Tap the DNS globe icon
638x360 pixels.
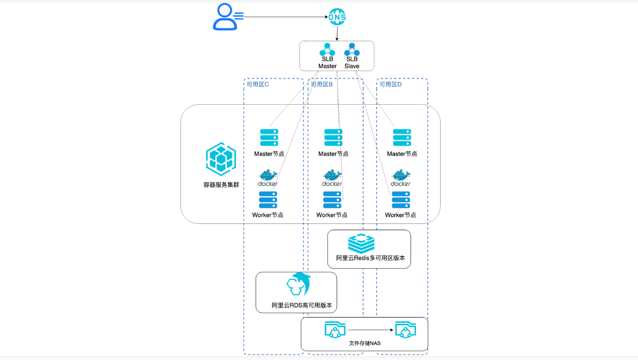pos(337,17)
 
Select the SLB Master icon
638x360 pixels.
pos(327,50)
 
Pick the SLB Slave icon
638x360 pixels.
pos(352,50)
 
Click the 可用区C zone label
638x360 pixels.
pos(258,84)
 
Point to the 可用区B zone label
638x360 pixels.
pos(322,84)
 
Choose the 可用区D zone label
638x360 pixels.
pos(390,84)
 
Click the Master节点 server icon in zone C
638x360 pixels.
pos(269,138)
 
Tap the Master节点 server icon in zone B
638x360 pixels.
pos(333,138)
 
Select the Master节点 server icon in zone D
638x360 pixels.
pos(402,138)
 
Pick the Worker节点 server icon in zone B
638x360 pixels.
pos(332,200)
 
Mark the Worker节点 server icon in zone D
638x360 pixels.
pos(401,200)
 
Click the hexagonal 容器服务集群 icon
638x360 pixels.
pos(221,159)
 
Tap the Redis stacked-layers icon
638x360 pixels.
pos(361,243)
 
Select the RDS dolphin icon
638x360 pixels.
pos(298,284)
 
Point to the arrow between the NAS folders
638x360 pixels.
pos(370,330)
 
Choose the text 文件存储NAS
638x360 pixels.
pos(365,344)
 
